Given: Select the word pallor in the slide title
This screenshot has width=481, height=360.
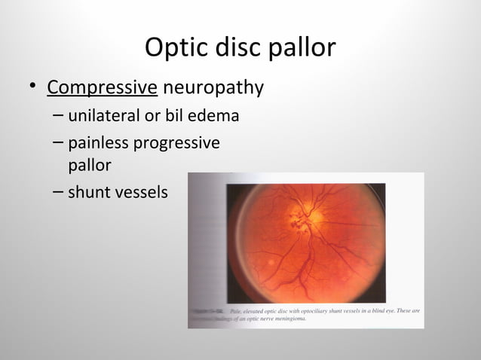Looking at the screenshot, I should point(301,47).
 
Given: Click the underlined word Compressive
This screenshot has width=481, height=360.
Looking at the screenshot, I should point(102,88).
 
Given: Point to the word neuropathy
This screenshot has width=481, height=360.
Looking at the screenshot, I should point(213,88).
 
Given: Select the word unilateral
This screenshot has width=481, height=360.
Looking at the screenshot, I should point(103,117).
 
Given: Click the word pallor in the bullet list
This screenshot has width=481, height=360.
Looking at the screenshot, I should point(90,164).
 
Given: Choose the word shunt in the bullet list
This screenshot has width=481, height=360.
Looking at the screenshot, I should point(88,192).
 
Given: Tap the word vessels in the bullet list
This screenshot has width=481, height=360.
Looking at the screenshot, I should point(140,192).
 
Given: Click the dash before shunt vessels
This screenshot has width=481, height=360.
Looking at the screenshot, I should point(59,192).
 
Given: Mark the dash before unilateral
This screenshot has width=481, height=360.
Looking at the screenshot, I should point(59,117).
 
